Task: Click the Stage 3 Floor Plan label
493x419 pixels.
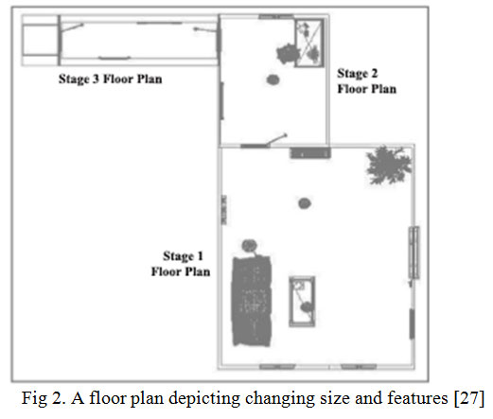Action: pyautogui.click(x=111, y=79)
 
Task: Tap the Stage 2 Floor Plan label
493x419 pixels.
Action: pyautogui.click(x=367, y=81)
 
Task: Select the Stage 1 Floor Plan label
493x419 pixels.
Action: pyautogui.click(x=181, y=264)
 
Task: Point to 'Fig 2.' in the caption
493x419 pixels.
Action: pyautogui.click(x=43, y=398)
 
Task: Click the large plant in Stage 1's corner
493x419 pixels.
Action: pyautogui.click(x=389, y=165)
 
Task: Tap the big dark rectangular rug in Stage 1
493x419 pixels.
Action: pyautogui.click(x=252, y=301)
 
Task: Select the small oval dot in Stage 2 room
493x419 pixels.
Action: pyautogui.click(x=273, y=79)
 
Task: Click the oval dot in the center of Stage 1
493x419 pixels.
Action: pyautogui.click(x=305, y=203)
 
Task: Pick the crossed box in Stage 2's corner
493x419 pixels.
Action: pyautogui.click(x=309, y=43)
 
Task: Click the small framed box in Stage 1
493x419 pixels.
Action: pyautogui.click(x=302, y=302)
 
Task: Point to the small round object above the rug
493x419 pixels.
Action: pyautogui.click(x=249, y=245)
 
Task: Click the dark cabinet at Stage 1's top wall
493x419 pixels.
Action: pyautogui.click(x=310, y=153)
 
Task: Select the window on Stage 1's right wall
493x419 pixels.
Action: pyautogui.click(x=414, y=253)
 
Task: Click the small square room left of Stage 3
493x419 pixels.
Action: pyautogui.click(x=40, y=40)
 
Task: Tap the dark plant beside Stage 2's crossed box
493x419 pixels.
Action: pyautogui.click(x=287, y=54)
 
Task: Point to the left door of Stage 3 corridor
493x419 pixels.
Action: pyautogui.click(x=72, y=27)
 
